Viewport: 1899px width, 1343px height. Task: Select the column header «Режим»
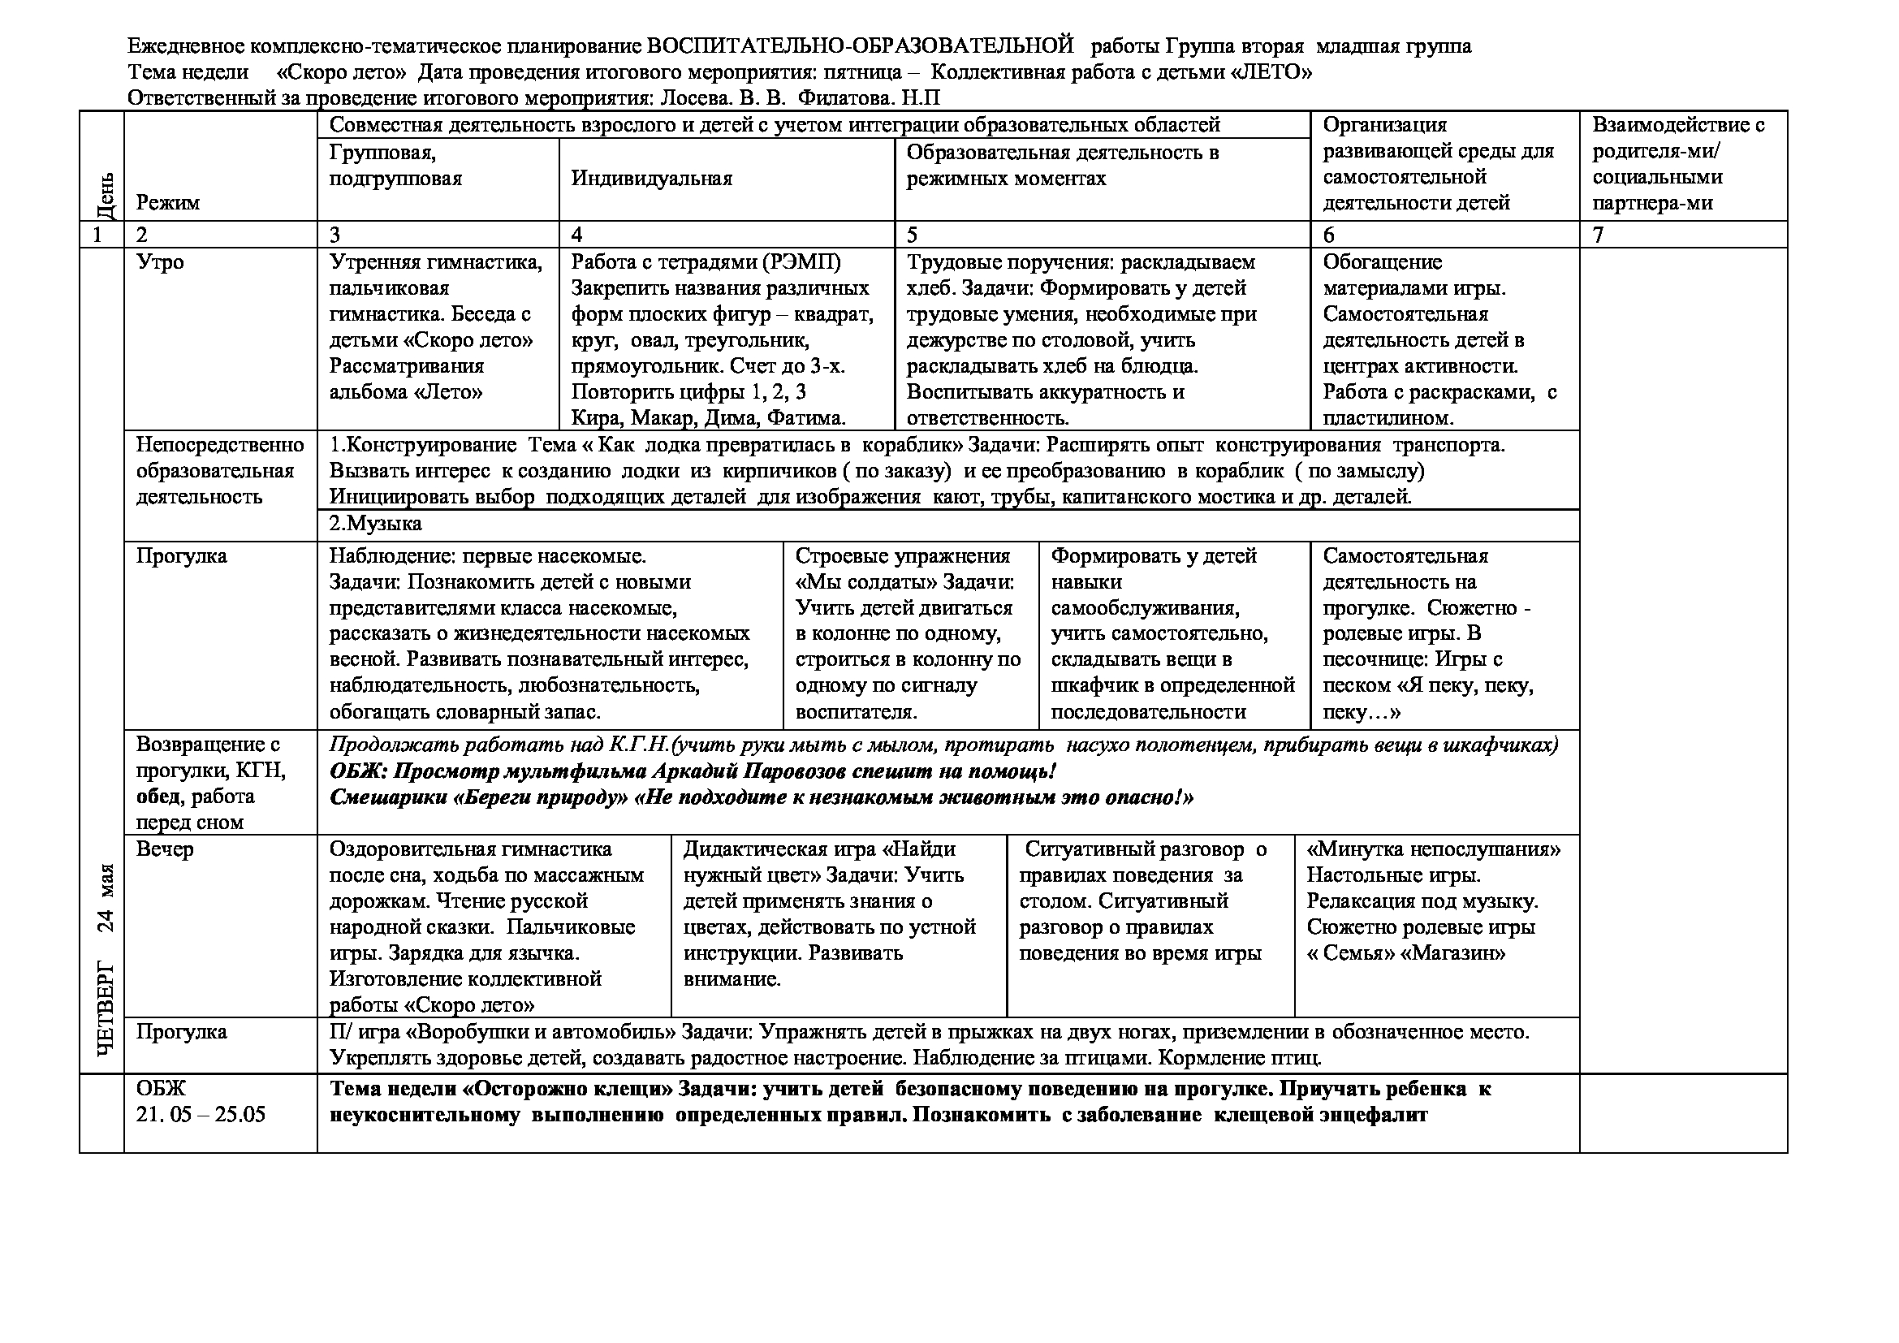(168, 203)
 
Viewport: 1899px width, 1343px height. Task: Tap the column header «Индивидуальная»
(652, 179)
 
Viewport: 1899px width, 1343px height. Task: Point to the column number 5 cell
(913, 235)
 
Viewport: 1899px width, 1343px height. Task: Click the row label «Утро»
(160, 262)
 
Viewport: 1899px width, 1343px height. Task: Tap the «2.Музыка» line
(376, 524)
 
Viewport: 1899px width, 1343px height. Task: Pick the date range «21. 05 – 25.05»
(201, 1115)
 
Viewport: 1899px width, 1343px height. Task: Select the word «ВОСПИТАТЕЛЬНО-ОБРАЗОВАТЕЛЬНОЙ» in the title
(859, 45)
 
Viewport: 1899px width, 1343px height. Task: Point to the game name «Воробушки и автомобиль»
(542, 1032)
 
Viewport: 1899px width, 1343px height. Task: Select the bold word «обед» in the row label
(161, 797)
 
